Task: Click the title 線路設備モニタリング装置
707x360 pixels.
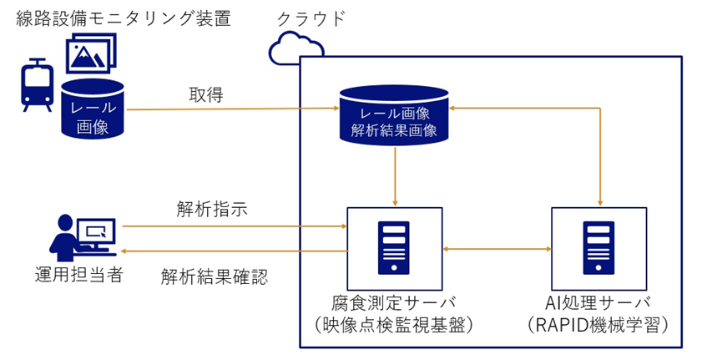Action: pos(123,18)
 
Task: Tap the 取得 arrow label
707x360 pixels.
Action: pos(205,94)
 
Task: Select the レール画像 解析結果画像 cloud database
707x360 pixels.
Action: pos(394,113)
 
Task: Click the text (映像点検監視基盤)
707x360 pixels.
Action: pos(396,326)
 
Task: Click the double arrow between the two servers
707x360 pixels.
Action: pos(496,247)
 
